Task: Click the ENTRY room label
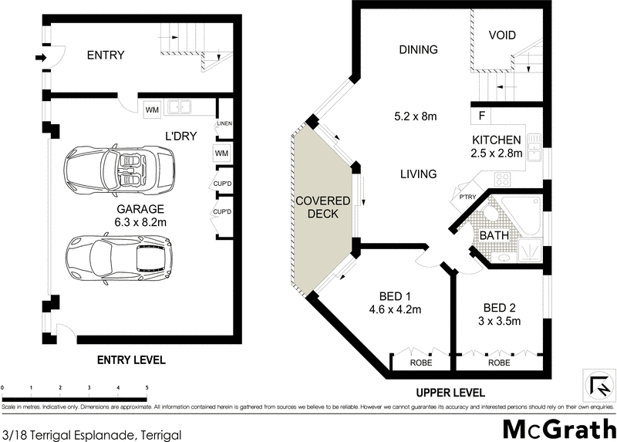coord(106,55)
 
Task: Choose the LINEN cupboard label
coord(224,124)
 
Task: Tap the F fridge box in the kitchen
coord(481,117)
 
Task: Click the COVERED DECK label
coord(323,208)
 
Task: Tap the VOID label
coord(502,35)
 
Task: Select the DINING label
coord(418,49)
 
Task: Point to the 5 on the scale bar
coord(147,388)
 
